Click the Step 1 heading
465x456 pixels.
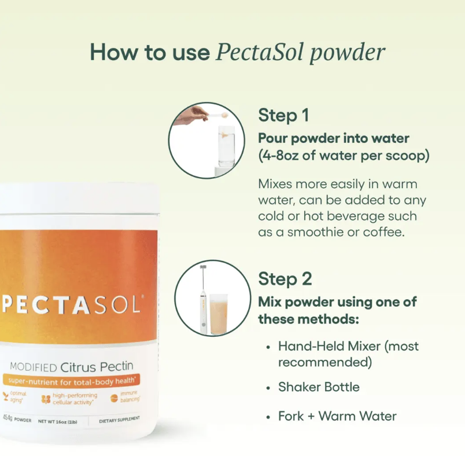click(x=283, y=115)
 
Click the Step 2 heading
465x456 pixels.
click(x=285, y=279)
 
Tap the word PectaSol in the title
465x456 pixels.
click(x=260, y=52)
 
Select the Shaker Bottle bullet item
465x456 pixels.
click(x=319, y=387)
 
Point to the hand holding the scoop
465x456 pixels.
click(x=191, y=115)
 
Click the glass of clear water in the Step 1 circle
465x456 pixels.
click(x=227, y=146)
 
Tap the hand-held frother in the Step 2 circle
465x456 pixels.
click(x=203, y=299)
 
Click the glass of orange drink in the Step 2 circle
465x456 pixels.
click(x=219, y=314)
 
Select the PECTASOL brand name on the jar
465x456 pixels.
click(x=71, y=305)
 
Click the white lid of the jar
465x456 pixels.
click(x=79, y=198)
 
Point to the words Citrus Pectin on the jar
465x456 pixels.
click(x=97, y=367)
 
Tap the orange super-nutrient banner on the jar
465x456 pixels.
click(x=71, y=381)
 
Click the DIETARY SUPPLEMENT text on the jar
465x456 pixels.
click(x=119, y=420)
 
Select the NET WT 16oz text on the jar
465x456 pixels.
click(x=57, y=421)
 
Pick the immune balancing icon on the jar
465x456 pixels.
click(x=114, y=398)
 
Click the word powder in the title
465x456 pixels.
click(x=348, y=53)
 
